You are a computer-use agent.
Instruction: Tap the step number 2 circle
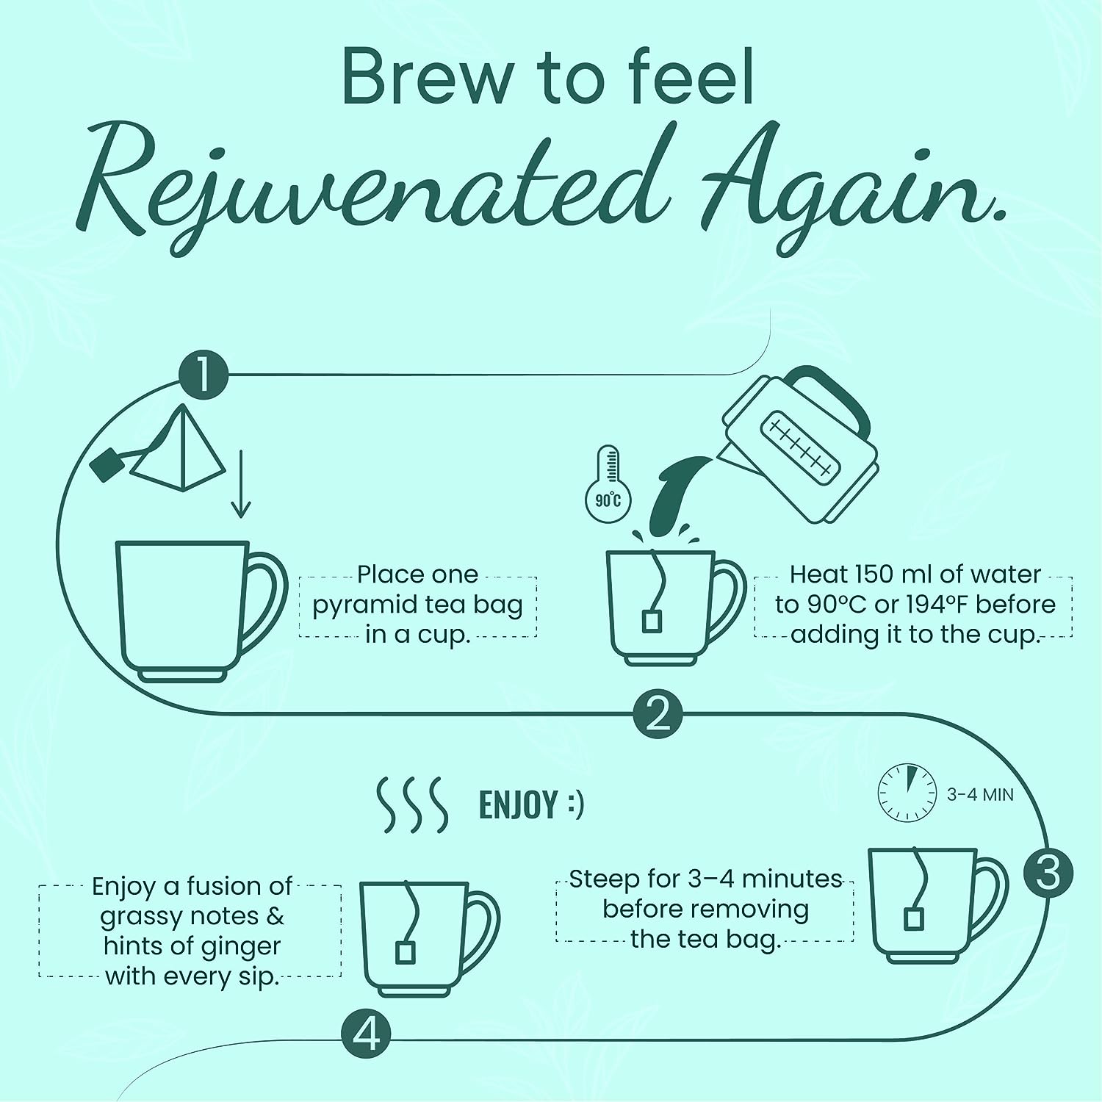click(658, 713)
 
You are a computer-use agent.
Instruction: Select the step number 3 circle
click(1048, 873)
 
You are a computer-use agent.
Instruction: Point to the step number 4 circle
click(366, 1036)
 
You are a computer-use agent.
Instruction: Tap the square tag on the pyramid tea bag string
click(107, 464)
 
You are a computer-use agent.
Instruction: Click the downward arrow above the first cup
click(241, 484)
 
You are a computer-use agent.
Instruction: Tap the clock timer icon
click(908, 793)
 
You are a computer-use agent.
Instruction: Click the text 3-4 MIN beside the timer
click(980, 794)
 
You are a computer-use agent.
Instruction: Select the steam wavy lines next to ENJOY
click(411, 804)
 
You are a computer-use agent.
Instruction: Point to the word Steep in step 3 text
click(604, 880)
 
